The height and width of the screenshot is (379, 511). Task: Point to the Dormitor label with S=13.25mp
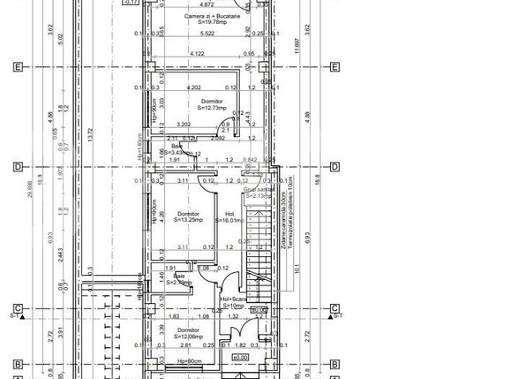(x=187, y=214)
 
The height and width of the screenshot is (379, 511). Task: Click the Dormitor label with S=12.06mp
(x=186, y=330)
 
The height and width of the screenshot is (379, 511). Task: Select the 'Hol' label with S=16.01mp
(x=230, y=214)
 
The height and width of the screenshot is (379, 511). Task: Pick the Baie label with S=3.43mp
(x=165, y=147)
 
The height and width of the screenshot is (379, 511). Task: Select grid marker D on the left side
(x=17, y=166)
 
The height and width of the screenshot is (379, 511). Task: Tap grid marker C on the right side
(x=335, y=308)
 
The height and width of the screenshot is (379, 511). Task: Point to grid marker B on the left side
(x=17, y=363)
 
